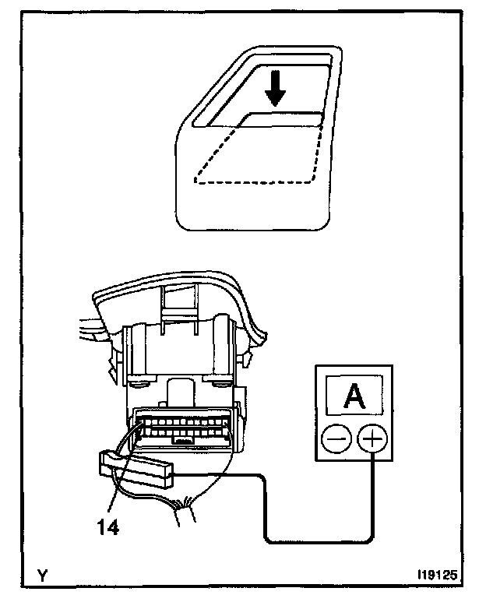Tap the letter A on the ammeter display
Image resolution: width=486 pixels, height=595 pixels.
pos(355,396)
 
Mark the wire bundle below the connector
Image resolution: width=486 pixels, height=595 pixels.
pos(185,510)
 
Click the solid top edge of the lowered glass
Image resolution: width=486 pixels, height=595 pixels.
pos(284,114)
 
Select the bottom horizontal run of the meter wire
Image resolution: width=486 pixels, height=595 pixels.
pos(319,540)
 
